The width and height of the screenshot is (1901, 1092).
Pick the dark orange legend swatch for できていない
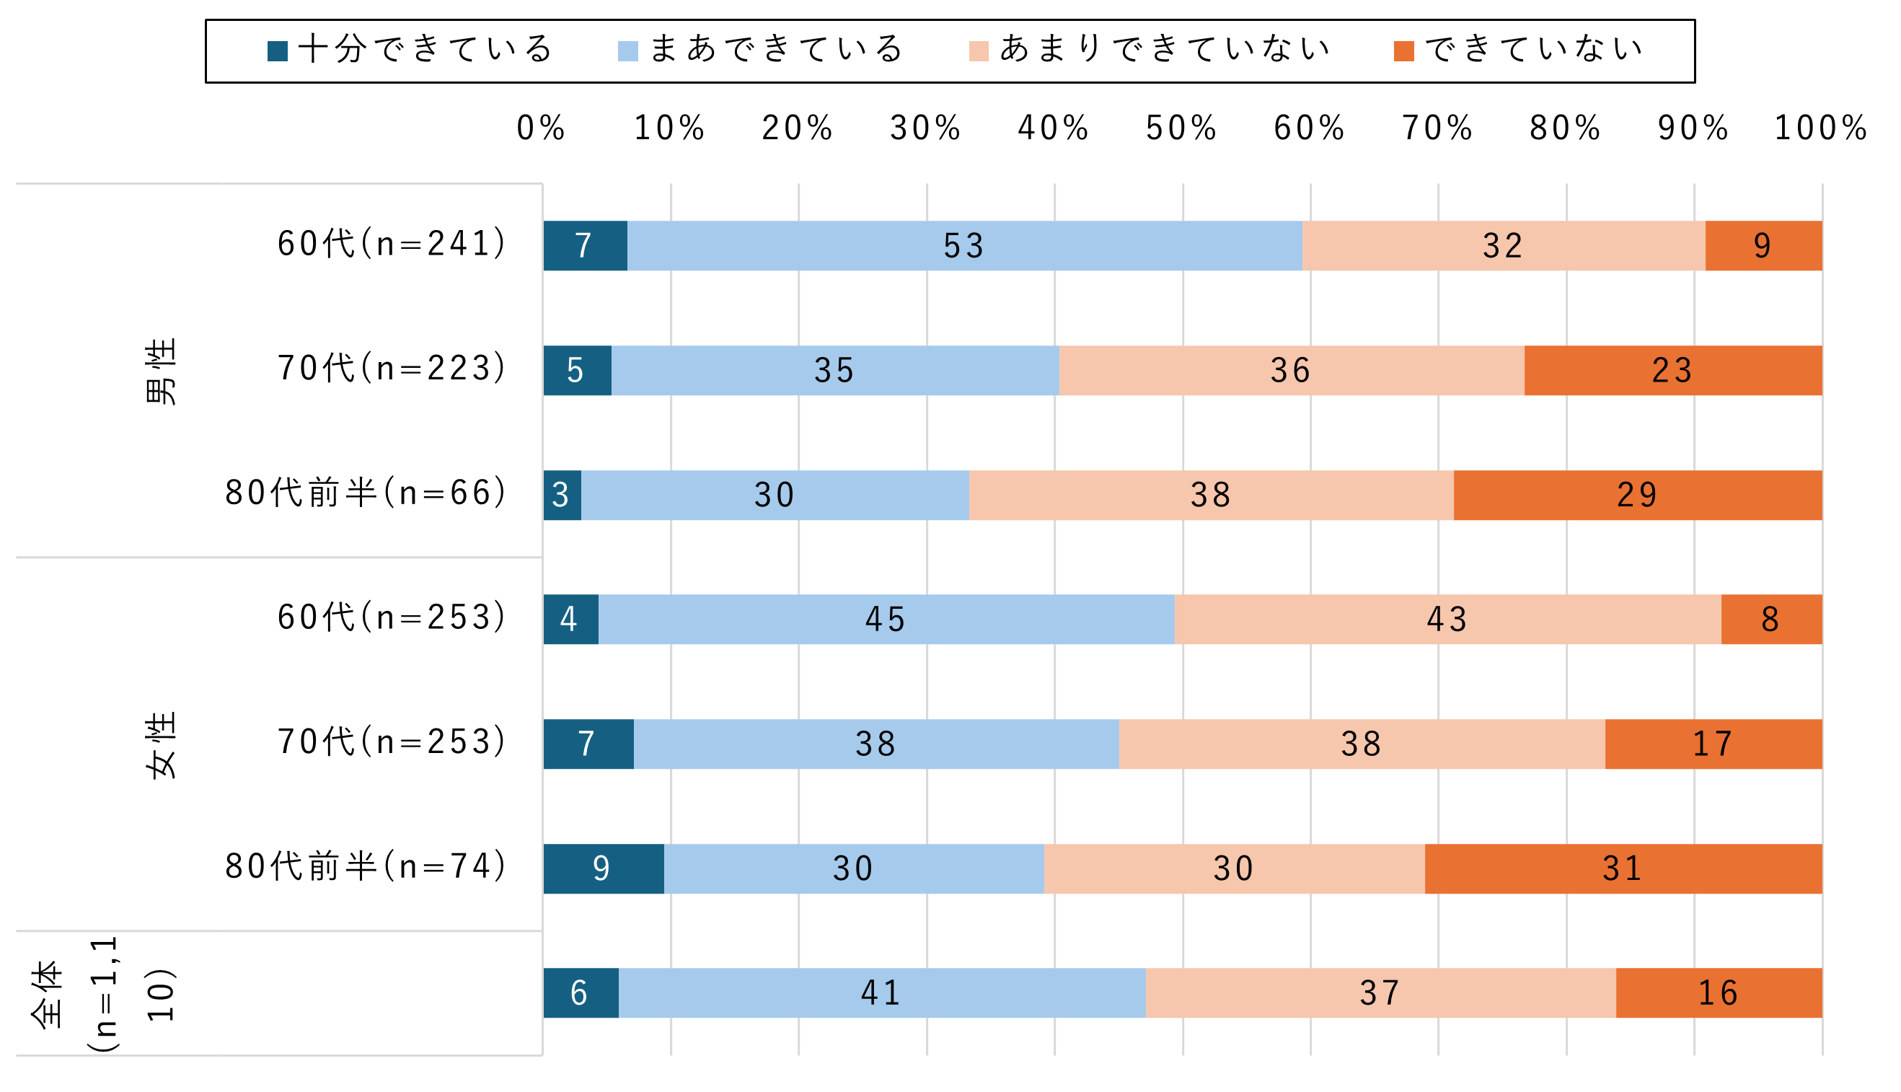tap(1403, 51)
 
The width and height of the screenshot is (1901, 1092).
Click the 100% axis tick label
tap(1820, 128)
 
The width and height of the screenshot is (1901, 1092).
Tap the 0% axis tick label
tap(541, 128)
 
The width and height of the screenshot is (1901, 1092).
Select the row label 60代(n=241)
tap(392, 244)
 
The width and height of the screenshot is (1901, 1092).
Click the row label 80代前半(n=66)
tap(366, 493)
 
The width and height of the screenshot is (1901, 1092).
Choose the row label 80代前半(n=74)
tap(366, 867)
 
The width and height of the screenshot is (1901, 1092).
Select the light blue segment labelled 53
tap(964, 246)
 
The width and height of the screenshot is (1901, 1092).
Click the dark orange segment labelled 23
tap(1672, 371)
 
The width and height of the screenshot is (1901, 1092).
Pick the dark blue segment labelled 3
tap(562, 495)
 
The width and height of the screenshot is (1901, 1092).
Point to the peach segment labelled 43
tap(1447, 620)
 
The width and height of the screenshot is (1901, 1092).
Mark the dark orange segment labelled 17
tap(1713, 744)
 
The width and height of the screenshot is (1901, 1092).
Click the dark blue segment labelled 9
tap(603, 868)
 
